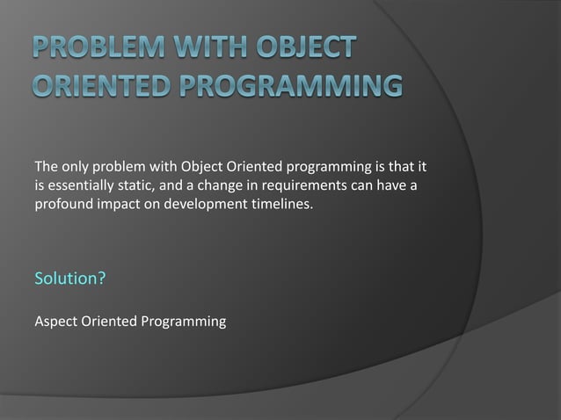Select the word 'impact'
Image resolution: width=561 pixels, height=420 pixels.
coord(120,205)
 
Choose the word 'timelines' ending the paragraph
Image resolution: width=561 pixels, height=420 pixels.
coord(280,205)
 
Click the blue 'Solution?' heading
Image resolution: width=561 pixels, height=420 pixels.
coord(70,279)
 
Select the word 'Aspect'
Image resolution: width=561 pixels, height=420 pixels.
coord(55,322)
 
